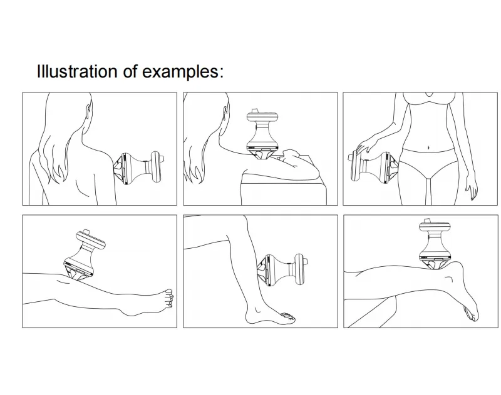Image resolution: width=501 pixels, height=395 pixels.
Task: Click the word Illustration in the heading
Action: pos(77,71)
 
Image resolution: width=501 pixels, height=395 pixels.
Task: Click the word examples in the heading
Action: pos(182,71)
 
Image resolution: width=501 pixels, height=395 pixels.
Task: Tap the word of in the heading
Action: pos(130,71)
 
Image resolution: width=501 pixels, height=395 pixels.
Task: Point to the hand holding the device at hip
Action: pos(361,147)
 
